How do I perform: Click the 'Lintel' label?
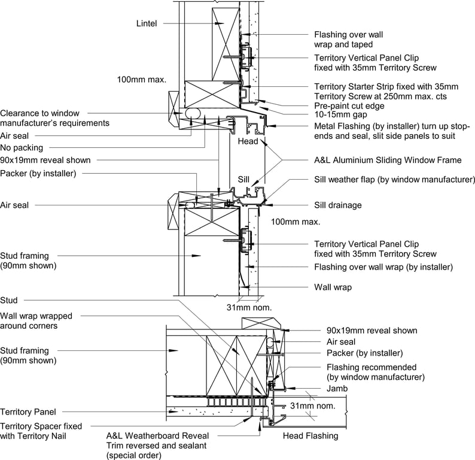[147, 23]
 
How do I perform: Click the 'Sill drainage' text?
[338, 205]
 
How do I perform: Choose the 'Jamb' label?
[337, 389]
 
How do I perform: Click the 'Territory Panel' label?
[28, 412]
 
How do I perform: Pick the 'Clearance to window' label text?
[39, 113]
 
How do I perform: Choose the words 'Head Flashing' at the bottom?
[310, 436]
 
